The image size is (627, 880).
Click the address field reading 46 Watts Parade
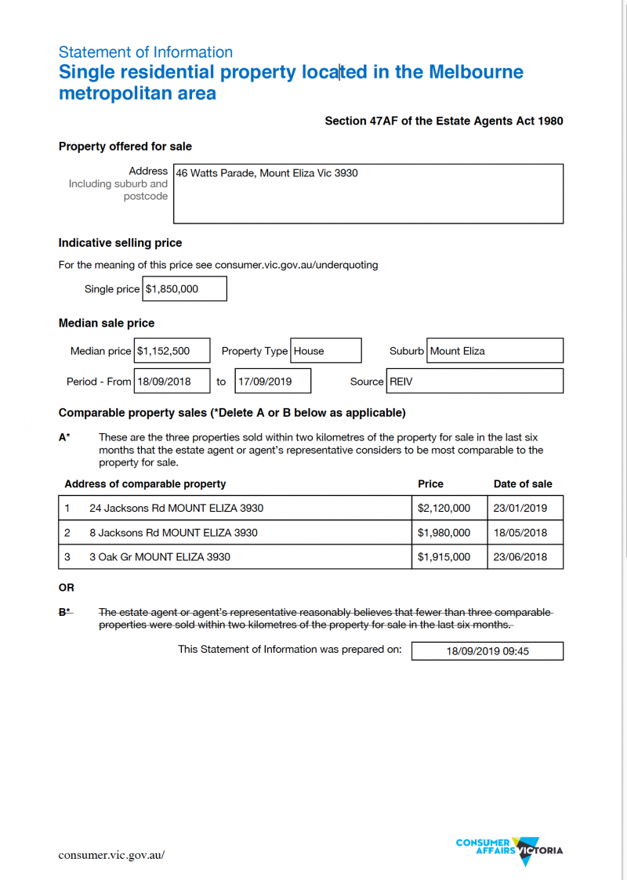(368, 193)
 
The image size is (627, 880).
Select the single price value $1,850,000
(185, 289)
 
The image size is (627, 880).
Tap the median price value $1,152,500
(172, 351)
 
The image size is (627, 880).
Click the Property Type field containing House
(326, 351)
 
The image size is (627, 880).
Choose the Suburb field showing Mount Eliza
(495, 351)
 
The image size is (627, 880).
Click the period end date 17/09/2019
(273, 382)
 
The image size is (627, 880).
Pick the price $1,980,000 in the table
(444, 533)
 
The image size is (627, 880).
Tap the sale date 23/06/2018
(520, 557)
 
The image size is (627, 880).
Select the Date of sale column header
(523, 483)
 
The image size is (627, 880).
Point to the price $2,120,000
(444, 508)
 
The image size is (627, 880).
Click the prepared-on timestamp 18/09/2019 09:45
(487, 651)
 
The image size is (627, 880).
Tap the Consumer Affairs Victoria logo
(509, 849)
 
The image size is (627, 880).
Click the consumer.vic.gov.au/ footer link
(111, 855)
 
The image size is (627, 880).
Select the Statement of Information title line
(146, 53)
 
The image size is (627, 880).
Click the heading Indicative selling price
(120, 243)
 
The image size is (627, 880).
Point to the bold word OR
(67, 588)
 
